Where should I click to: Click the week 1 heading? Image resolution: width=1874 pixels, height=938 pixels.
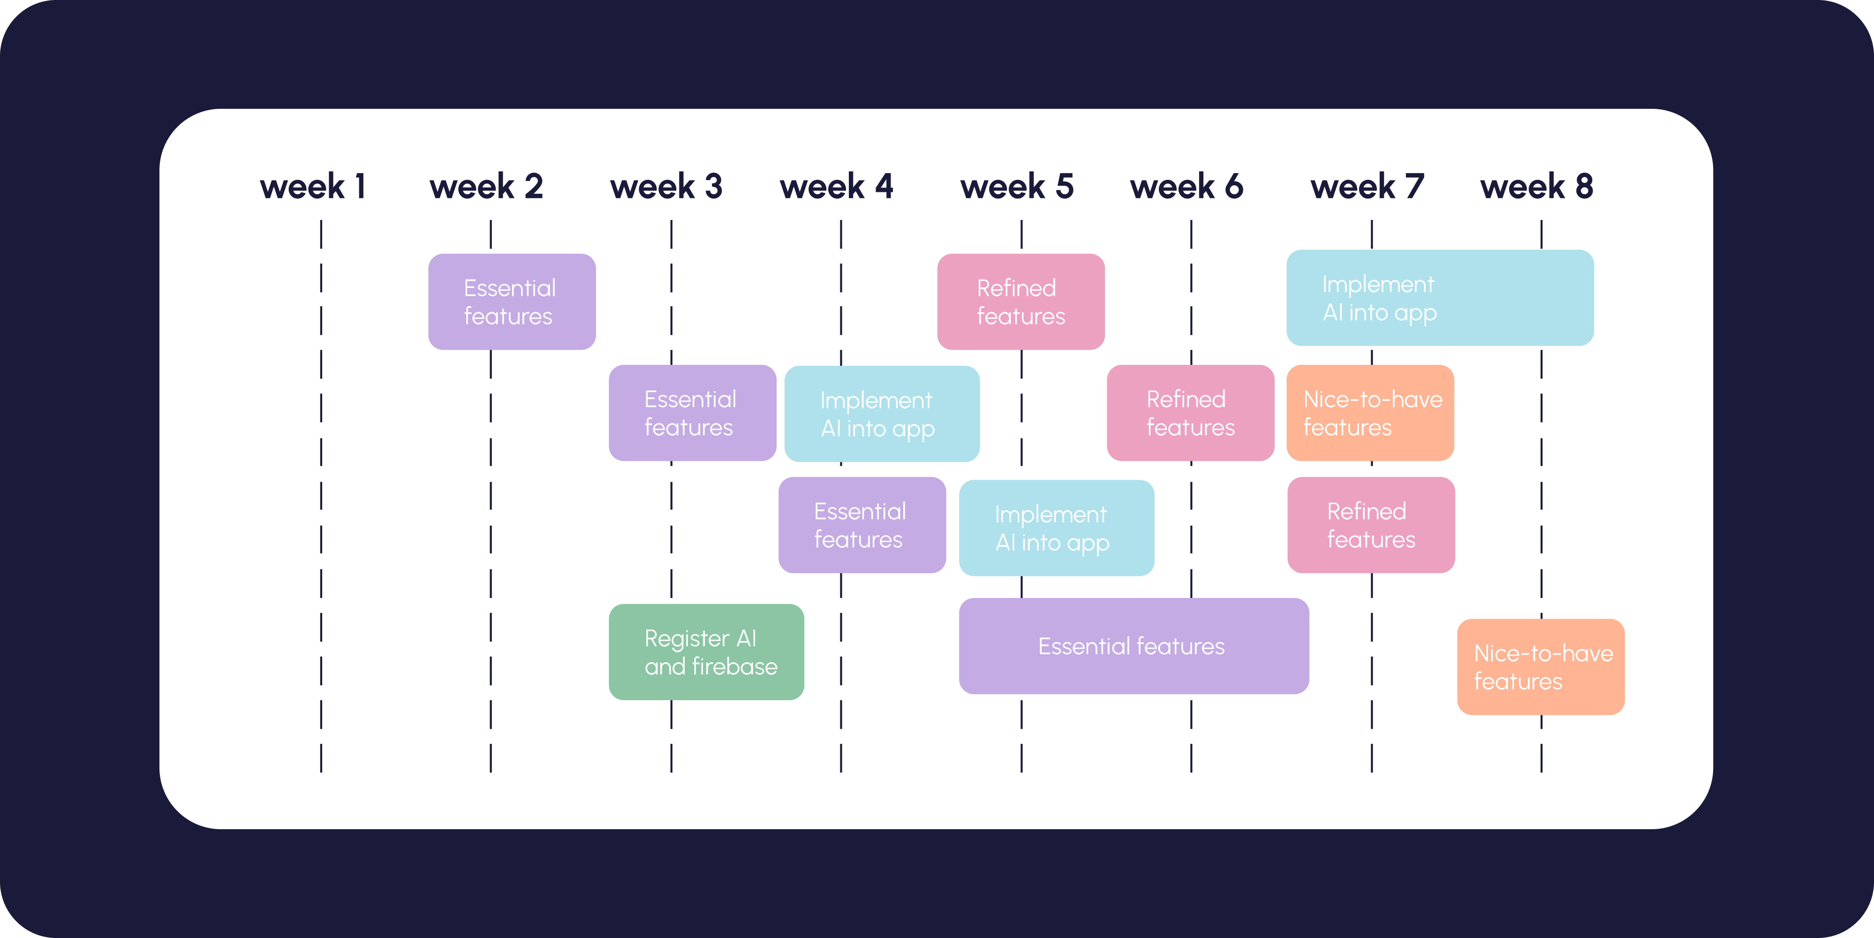[313, 186]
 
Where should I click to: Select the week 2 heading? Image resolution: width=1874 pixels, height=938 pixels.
[486, 186]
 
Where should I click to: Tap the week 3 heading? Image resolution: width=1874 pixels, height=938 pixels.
[666, 186]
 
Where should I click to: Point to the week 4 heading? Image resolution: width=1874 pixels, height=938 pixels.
[837, 186]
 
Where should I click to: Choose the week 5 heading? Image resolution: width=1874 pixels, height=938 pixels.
[1017, 186]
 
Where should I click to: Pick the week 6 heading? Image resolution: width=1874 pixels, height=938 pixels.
[1186, 186]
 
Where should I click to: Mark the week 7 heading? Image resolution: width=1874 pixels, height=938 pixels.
[1367, 186]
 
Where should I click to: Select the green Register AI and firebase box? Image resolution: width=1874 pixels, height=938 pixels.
[706, 652]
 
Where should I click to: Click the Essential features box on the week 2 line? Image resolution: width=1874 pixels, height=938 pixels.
[512, 301]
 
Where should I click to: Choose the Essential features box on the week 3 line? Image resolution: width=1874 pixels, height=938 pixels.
[692, 413]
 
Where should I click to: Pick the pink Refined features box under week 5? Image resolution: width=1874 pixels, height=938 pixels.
[1020, 301]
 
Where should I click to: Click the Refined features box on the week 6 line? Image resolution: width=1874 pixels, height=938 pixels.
[1190, 413]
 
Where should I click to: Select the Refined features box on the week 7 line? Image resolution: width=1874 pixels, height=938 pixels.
[1371, 525]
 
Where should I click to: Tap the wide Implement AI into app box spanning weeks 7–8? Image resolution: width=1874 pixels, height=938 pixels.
[1440, 298]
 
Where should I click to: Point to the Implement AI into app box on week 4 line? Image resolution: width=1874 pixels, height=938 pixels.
[882, 413]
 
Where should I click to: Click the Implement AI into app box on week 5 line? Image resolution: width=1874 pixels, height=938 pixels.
[1056, 528]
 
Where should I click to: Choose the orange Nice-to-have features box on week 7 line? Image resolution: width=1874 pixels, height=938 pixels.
[1370, 413]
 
